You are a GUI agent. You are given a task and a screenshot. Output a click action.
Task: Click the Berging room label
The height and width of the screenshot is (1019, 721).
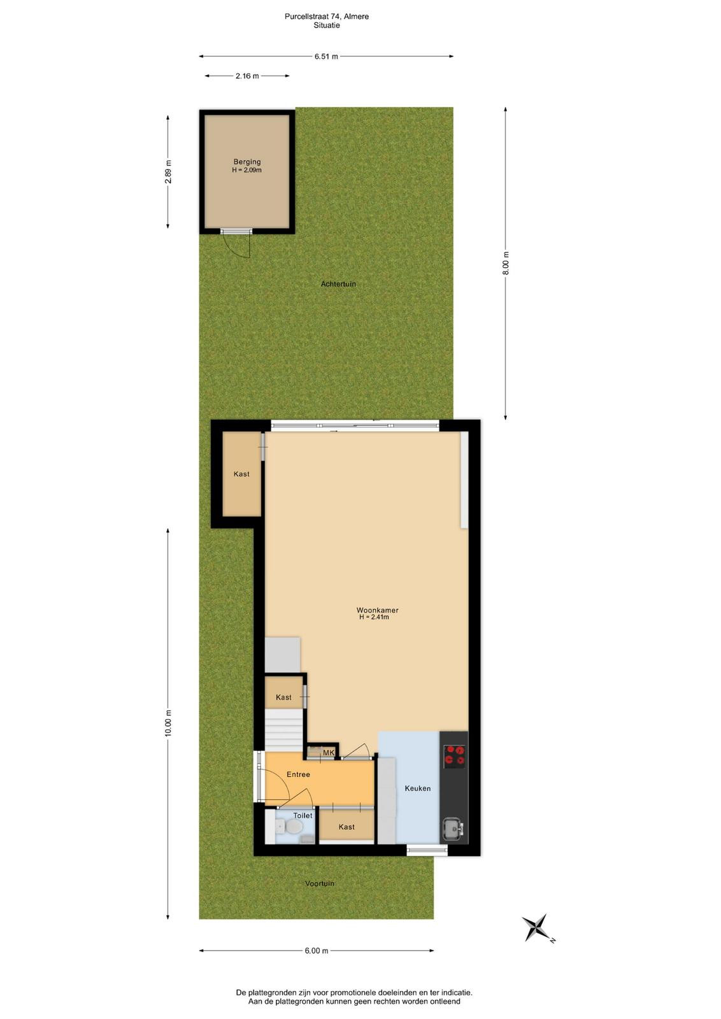[247, 162]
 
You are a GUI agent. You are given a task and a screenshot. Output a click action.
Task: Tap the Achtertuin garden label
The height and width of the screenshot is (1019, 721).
[338, 284]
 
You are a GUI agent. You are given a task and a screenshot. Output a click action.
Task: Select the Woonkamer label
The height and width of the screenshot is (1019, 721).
[377, 610]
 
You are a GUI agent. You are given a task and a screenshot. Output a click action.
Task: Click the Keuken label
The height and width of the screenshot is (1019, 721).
[417, 788]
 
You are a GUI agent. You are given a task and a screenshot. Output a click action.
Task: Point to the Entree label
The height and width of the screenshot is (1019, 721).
[298, 774]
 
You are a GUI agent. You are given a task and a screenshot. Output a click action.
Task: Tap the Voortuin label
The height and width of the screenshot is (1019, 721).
[319, 883]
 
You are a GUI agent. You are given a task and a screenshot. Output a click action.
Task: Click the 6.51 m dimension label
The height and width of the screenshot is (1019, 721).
[326, 57]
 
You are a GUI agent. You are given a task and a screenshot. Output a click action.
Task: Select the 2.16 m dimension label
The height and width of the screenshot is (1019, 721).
[247, 76]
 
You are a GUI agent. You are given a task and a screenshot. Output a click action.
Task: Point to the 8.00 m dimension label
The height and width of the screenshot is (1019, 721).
[506, 263]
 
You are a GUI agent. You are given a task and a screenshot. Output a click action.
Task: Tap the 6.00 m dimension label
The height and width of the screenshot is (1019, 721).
[316, 951]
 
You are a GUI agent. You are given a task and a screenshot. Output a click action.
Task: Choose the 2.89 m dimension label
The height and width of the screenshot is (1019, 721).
[168, 172]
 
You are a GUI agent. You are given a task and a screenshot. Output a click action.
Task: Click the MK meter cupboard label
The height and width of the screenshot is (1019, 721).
[329, 753]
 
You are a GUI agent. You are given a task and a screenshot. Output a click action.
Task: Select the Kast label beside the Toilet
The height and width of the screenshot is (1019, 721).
[346, 827]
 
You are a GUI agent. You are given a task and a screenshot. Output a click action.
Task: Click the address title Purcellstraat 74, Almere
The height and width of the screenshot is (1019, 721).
[327, 17]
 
